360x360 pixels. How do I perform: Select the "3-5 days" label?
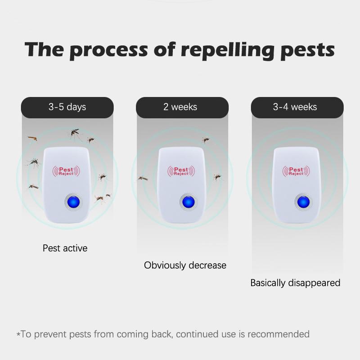tap(67, 107)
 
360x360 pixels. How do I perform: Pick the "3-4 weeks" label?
tap(295, 107)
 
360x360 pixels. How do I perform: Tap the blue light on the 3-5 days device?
tap(70, 201)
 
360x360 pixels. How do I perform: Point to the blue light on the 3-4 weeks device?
tap(300, 201)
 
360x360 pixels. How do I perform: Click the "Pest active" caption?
tap(65, 248)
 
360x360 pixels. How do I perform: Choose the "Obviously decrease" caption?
tap(185, 265)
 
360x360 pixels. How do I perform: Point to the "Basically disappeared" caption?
tap(295, 283)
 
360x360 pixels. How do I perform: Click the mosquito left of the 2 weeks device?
tap(143, 178)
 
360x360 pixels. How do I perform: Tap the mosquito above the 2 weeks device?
tap(206, 140)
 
